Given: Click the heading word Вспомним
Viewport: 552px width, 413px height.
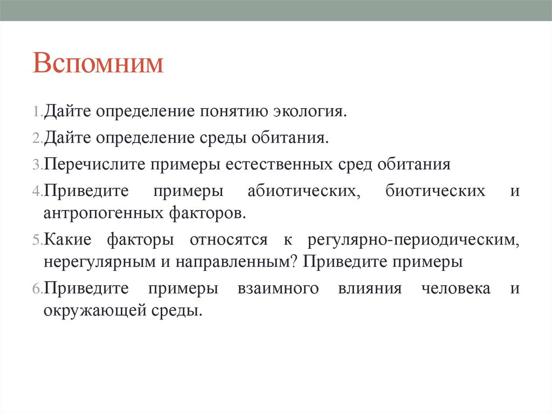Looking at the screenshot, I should pos(98,64).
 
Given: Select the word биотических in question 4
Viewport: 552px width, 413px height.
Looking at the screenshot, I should pos(435,191).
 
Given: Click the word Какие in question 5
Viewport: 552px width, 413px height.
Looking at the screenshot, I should pos(68,240).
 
